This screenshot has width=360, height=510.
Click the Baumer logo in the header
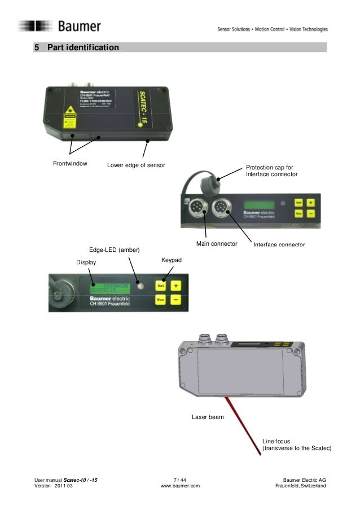click(59, 26)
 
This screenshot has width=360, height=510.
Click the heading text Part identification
click(83, 47)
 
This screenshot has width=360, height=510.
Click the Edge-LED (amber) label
click(114, 250)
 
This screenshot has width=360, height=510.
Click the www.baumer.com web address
click(180, 487)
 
